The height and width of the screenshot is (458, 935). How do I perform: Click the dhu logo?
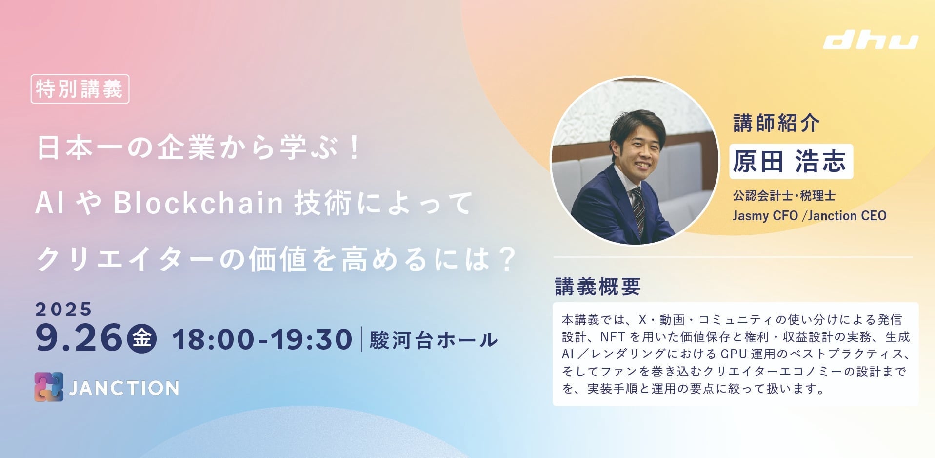[x=871, y=42]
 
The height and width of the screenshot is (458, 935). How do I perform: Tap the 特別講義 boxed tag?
[x=80, y=89]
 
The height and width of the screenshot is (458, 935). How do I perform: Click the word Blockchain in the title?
[x=199, y=203]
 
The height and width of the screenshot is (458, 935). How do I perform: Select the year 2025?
[x=63, y=309]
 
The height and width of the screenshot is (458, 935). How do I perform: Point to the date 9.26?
[x=79, y=338]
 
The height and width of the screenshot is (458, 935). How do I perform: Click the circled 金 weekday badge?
[x=142, y=338]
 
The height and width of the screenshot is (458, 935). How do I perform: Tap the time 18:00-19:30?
[x=262, y=339]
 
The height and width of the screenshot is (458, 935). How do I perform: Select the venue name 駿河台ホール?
[x=434, y=340]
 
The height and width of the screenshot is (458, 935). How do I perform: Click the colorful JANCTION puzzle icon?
[x=49, y=387]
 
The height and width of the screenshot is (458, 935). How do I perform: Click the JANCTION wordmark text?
[x=124, y=388]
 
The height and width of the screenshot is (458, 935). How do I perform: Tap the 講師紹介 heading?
[x=776, y=123]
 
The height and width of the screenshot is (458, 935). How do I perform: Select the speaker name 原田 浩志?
[x=790, y=161]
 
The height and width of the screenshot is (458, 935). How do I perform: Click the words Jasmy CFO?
[x=765, y=216]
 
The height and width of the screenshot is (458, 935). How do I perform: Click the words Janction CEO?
[x=847, y=215]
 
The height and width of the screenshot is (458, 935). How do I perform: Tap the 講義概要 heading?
[x=598, y=287]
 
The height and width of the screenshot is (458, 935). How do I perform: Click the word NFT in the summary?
[x=613, y=337]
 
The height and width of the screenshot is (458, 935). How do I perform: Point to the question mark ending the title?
[x=508, y=259]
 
